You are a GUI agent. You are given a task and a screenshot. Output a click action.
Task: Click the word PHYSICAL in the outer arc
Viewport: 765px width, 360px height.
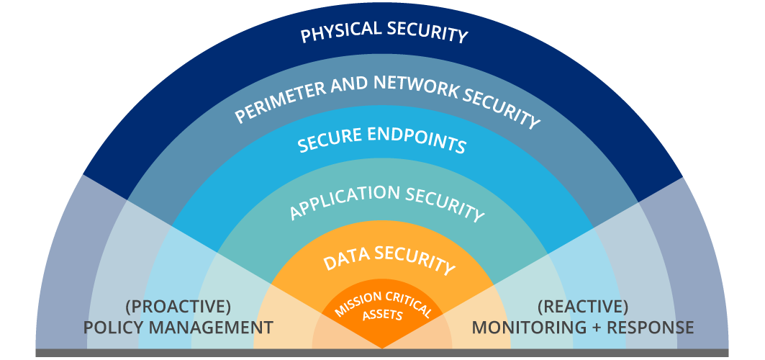tap(338, 32)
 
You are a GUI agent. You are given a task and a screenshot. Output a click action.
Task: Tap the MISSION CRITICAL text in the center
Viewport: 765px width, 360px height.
tap(382, 301)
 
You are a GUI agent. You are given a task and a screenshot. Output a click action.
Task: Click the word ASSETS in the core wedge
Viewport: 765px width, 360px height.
tap(382, 315)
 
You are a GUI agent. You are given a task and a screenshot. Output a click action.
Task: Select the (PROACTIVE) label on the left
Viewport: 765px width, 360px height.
tap(178, 307)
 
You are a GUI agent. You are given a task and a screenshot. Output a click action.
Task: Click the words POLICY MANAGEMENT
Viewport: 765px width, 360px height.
tap(178, 328)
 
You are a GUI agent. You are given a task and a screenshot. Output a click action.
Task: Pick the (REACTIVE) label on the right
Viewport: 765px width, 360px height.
tap(582, 307)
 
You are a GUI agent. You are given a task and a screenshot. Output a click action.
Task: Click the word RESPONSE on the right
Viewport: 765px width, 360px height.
tap(651, 328)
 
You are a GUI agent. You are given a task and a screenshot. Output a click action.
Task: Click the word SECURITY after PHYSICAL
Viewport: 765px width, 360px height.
tap(427, 32)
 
